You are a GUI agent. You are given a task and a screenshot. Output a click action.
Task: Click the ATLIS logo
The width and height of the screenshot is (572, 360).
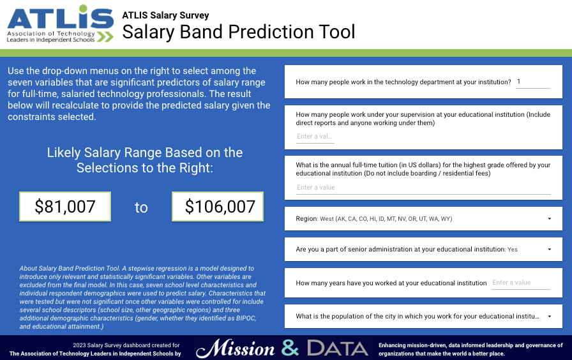pos(60,24)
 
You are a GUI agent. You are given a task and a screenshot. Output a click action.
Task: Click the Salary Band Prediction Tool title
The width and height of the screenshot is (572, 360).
pos(239,32)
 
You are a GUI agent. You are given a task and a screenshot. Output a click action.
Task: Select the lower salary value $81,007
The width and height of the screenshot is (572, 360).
pos(65,206)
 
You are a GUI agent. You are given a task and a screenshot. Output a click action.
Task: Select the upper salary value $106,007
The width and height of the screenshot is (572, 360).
pos(218,206)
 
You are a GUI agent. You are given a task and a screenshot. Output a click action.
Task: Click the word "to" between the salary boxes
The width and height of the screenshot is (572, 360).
pos(141,207)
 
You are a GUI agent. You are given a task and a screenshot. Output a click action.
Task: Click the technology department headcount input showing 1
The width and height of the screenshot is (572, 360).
pos(532,82)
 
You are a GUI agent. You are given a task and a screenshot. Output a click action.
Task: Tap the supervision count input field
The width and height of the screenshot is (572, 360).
pos(315,137)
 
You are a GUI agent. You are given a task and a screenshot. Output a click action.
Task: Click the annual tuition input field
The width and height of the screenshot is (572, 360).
pos(423,188)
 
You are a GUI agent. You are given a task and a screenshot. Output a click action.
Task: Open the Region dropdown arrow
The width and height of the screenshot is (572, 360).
pos(550,219)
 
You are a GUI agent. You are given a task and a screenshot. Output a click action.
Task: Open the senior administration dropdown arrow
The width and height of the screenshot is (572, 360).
pos(550,250)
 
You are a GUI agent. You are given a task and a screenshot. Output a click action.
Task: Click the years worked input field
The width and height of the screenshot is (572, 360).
pos(520,283)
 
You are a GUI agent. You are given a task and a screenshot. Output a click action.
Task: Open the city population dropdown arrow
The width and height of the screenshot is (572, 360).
pos(550,317)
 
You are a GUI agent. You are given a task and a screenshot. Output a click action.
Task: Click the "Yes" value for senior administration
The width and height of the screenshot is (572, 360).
pos(513,250)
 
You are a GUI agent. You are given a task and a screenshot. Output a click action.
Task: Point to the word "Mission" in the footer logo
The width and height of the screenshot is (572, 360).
pos(236,349)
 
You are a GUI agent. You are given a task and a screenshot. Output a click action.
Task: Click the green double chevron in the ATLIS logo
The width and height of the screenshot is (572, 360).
pos(105,36)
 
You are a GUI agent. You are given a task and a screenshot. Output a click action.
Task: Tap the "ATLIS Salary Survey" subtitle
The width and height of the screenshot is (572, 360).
pos(165,15)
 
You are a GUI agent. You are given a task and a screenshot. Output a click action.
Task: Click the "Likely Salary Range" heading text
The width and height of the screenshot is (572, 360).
pos(145,160)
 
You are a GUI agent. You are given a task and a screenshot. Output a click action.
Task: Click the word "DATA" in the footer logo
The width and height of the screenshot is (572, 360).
pos(338,348)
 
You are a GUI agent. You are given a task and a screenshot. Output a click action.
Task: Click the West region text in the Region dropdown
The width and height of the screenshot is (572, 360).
pos(386,219)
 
